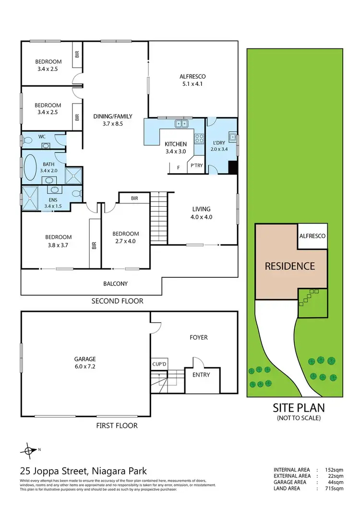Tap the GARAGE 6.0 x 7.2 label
coord(84,363)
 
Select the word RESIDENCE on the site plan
coord(290,266)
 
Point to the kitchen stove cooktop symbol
coord(199,139)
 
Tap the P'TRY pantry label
coord(197,165)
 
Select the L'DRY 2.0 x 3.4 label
coord(221,145)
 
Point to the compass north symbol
coord(29,450)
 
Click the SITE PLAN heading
coord(299,408)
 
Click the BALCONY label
coord(116,284)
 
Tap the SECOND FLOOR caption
coord(118,301)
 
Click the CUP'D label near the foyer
coord(159,365)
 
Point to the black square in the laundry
coord(233,168)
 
